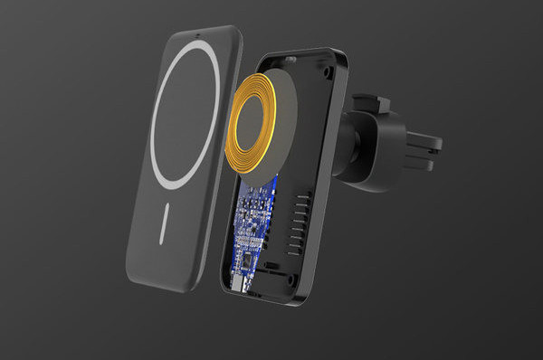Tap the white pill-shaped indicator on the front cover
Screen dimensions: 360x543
click(x=164, y=225)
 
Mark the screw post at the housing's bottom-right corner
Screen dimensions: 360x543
click(x=295, y=289)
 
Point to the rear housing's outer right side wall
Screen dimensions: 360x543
click(x=329, y=181)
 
